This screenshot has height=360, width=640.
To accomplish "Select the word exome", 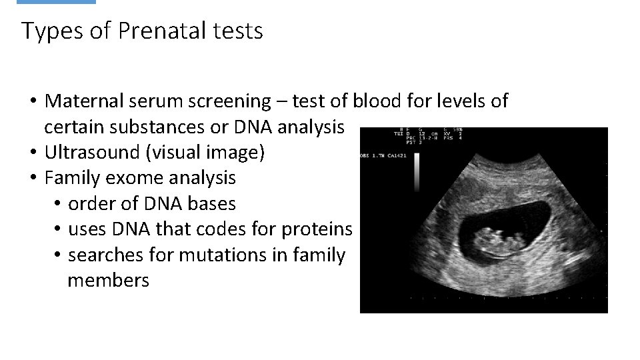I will click(x=132, y=178).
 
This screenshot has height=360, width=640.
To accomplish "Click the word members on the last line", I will click(x=108, y=280).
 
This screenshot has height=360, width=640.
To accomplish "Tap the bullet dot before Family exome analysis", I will click(x=32, y=178).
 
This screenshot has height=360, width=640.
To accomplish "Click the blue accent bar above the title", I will click(x=56, y=2).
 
